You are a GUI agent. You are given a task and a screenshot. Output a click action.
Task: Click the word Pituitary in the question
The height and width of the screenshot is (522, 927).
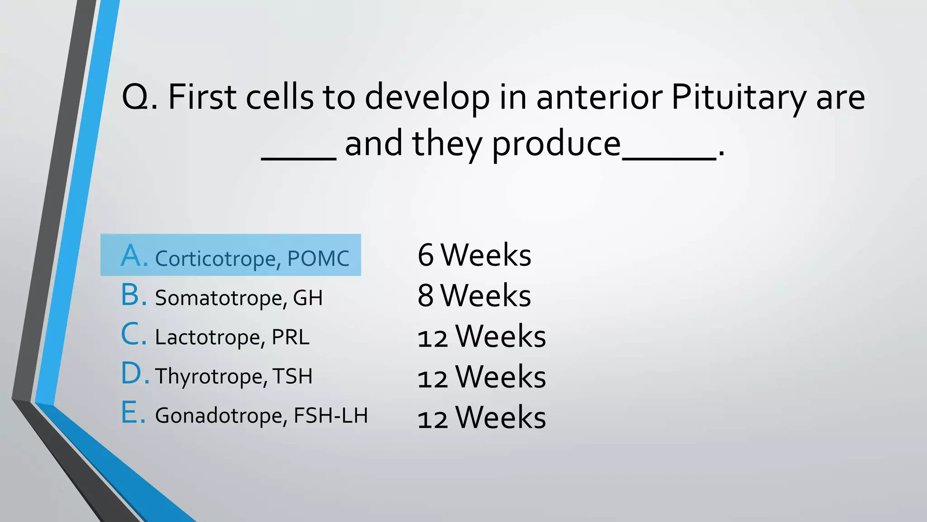(738, 97)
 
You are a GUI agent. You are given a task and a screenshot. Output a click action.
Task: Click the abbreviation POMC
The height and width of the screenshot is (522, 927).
(318, 259)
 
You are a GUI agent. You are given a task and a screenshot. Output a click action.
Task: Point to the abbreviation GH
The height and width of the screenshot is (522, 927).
(308, 298)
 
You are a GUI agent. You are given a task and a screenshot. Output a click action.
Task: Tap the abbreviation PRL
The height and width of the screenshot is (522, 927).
(290, 338)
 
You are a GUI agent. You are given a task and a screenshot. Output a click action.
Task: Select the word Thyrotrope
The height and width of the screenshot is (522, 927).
(209, 377)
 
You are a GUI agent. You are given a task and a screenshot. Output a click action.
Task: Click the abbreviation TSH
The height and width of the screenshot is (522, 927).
(292, 377)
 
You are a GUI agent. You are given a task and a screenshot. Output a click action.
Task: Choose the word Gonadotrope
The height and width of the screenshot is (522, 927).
(221, 416)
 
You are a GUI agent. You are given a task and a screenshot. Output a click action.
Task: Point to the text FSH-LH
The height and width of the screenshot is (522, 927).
(331, 416)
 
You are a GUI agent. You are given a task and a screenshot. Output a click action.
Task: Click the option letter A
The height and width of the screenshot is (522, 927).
(134, 256)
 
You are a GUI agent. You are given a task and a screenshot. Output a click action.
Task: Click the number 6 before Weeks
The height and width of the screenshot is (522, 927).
(425, 255)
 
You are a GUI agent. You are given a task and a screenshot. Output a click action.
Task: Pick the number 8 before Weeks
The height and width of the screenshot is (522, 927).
(425, 295)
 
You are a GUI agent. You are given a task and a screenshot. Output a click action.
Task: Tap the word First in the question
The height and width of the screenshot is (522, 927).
(202, 97)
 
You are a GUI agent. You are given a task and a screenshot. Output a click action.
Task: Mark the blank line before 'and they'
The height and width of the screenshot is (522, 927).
(299, 158)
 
